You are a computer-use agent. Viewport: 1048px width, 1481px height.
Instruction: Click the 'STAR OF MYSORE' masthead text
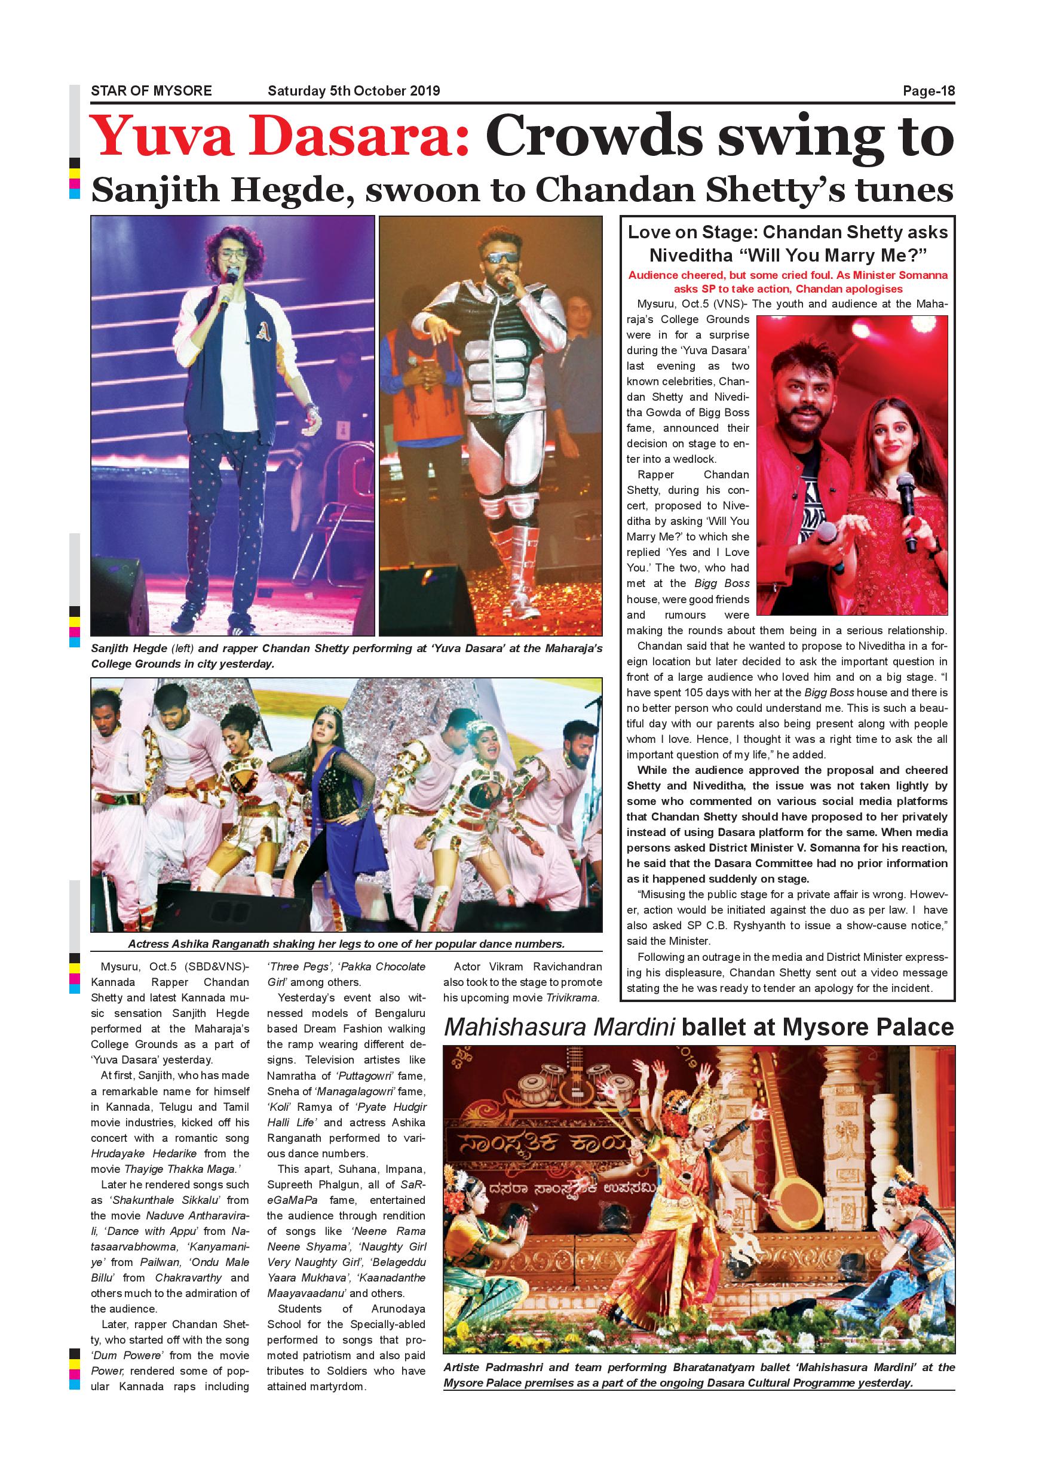(x=151, y=91)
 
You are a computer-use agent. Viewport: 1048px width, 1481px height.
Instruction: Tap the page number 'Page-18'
(x=928, y=91)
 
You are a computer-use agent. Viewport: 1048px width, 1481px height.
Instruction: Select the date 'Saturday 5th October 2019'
(x=354, y=91)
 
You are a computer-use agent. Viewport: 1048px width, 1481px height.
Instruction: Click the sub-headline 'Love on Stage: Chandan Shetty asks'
(x=787, y=232)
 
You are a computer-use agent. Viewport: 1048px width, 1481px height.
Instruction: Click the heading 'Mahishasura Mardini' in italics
(x=559, y=1028)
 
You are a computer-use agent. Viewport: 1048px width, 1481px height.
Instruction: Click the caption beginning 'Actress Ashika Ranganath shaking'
(x=346, y=944)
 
